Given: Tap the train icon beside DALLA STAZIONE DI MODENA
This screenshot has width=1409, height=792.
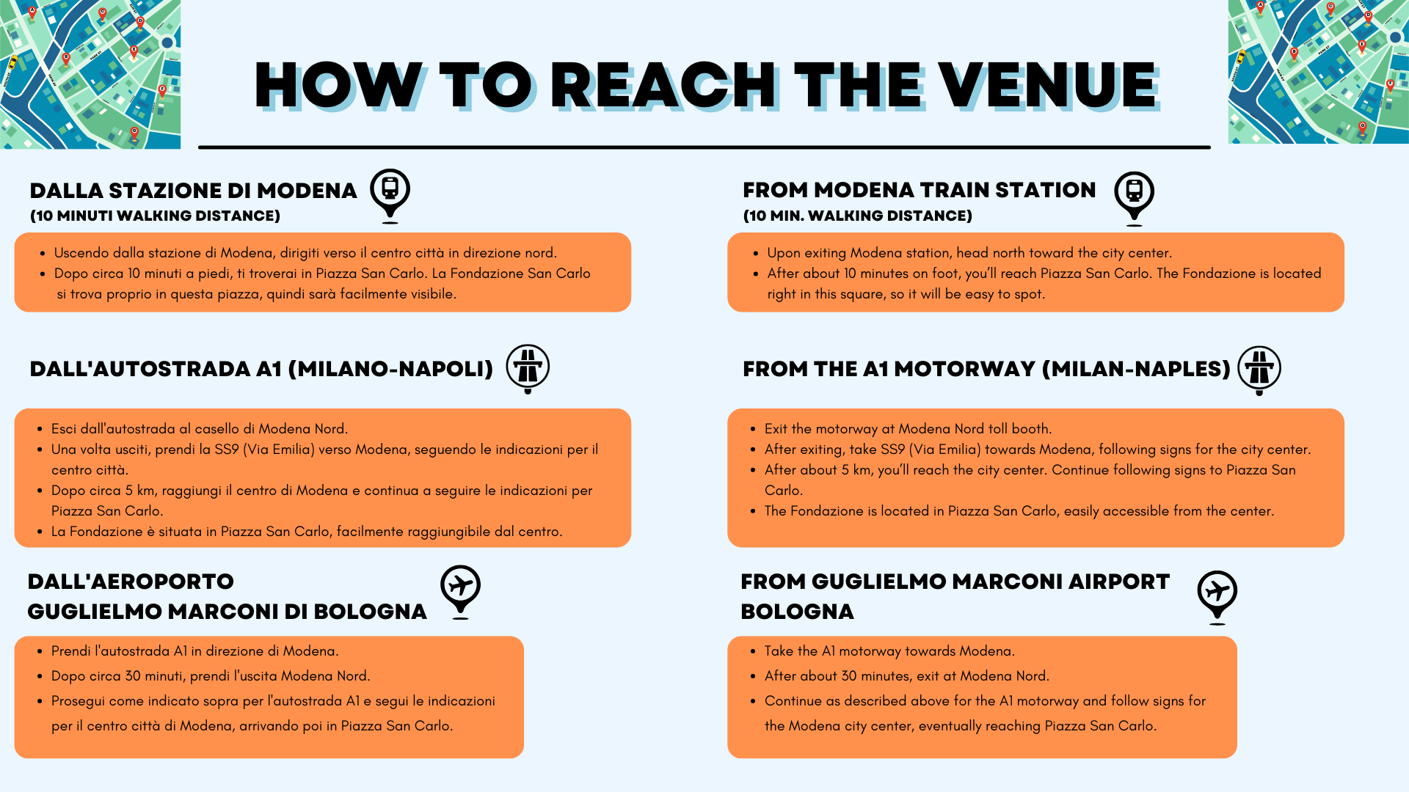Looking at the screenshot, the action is pos(390,195).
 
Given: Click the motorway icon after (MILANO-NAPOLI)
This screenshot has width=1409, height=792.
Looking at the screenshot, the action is pos(528,368).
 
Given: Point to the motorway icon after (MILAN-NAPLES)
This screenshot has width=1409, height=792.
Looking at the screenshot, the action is pos(1259,370).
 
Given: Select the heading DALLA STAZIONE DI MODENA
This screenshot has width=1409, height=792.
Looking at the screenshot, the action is pos(193,191).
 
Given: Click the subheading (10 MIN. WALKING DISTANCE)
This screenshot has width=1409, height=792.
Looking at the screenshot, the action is pos(857,216).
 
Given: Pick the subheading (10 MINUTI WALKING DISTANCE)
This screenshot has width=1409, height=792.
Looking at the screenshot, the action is pos(155,216).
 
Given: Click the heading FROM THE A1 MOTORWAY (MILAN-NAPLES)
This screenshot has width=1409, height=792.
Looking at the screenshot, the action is pos(986,369).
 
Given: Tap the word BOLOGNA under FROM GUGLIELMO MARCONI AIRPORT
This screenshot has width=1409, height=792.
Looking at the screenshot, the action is pos(797,612).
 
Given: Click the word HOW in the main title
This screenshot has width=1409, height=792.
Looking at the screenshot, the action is pos(338,86).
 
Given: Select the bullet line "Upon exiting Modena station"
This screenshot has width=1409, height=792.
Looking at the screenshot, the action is pos(969,253).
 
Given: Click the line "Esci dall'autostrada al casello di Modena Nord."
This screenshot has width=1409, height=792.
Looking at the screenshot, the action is pos(199,429).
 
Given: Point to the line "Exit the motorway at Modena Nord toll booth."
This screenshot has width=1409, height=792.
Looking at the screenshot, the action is pos(908,429).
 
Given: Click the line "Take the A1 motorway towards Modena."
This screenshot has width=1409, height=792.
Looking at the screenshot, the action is pos(889,651).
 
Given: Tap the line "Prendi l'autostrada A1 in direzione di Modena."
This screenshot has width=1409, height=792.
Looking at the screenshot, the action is pos(194,651).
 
